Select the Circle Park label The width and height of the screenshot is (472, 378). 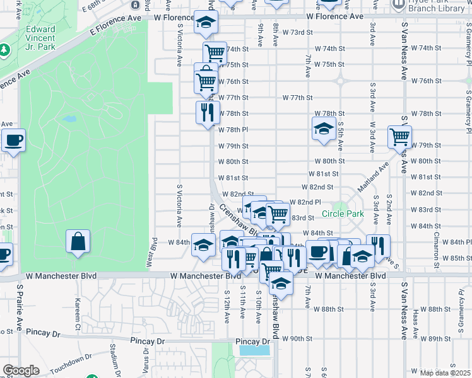coord(343,214)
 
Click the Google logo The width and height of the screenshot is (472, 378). coord(21,370)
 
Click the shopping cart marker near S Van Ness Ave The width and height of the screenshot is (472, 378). coord(399,136)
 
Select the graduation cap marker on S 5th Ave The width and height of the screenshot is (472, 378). coord(324,129)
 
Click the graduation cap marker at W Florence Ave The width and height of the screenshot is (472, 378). coord(204,23)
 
